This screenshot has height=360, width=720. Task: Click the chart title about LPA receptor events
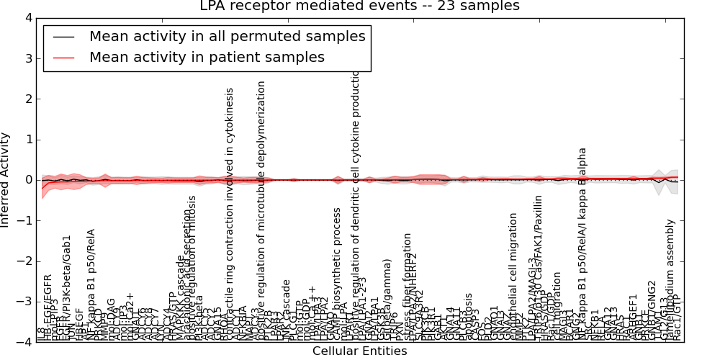tap(359, 6)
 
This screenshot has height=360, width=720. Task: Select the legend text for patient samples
tap(207, 57)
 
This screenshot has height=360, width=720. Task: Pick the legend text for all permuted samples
tap(227, 36)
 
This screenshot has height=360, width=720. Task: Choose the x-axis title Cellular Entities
tap(359, 351)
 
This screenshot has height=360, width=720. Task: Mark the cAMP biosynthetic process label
tap(337, 274)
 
